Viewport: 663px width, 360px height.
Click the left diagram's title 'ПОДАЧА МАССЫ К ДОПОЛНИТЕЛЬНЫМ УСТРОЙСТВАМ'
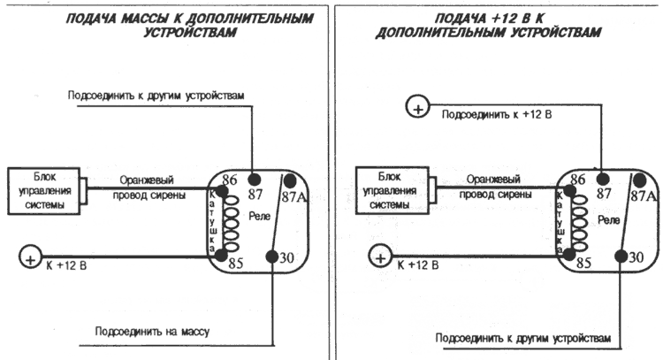coord(164,24)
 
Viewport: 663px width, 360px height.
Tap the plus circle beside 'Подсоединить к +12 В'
coord(415,108)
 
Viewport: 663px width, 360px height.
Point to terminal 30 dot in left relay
coord(271,257)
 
